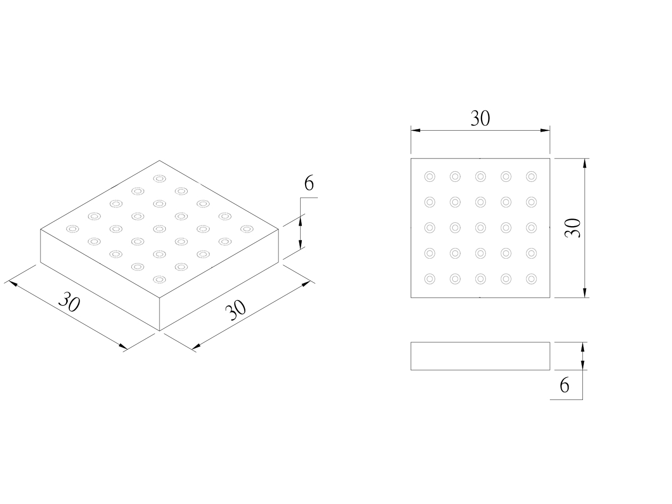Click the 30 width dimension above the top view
click(x=480, y=118)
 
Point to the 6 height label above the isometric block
click(x=309, y=183)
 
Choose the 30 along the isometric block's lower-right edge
click(x=235, y=309)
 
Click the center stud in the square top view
click(x=480, y=228)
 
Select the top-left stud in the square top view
click(x=429, y=177)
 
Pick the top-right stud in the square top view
click(x=531, y=177)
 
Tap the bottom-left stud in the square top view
click(x=429, y=279)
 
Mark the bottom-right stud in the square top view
click(x=531, y=279)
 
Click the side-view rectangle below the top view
click(x=480, y=356)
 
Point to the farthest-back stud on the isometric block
click(x=158, y=178)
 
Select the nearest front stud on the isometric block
click(x=158, y=279)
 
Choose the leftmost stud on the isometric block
click(x=71, y=229)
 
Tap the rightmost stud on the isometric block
click(x=246, y=229)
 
